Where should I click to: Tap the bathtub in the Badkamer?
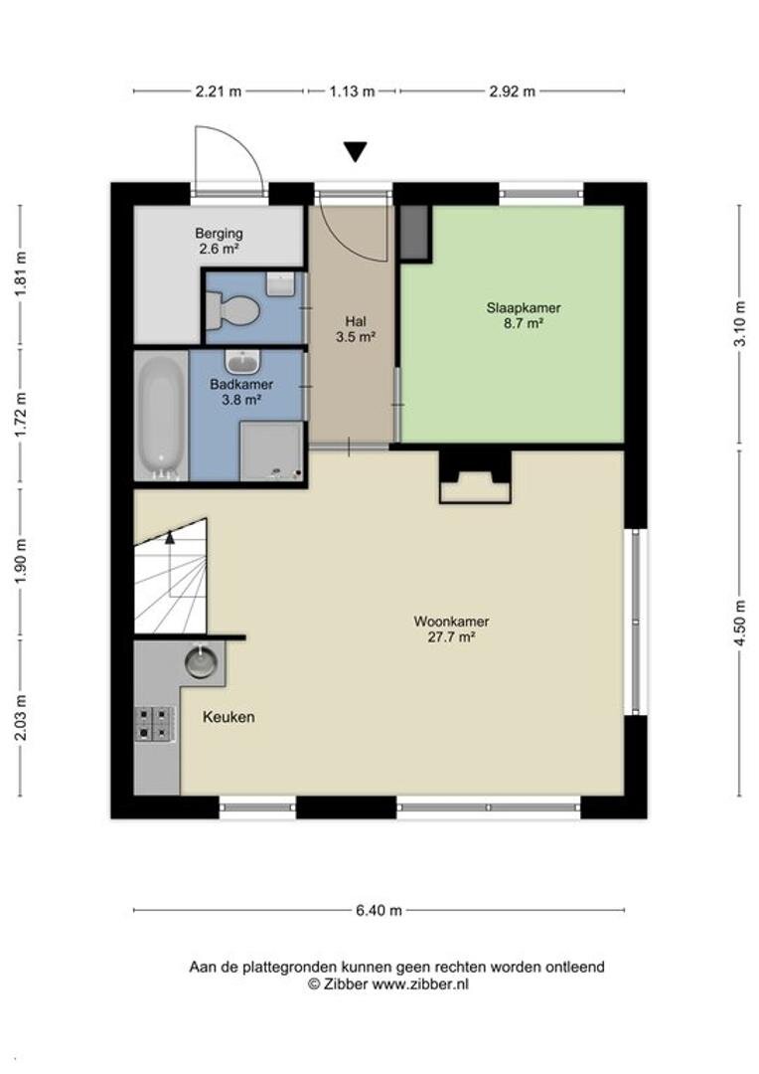(160, 416)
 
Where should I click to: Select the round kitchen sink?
(201, 661)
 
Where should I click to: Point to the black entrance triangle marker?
(355, 151)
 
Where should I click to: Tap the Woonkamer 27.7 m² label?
(451, 628)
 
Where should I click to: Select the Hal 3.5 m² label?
(356, 329)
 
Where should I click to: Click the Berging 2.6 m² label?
(219, 241)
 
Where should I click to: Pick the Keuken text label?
(228, 717)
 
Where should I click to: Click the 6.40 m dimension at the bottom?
(379, 910)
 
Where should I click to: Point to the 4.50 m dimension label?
(739, 623)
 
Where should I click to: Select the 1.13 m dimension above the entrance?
(352, 91)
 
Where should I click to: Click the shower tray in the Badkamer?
(271, 450)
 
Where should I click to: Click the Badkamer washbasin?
(242, 361)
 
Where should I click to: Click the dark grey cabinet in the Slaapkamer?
(414, 232)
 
